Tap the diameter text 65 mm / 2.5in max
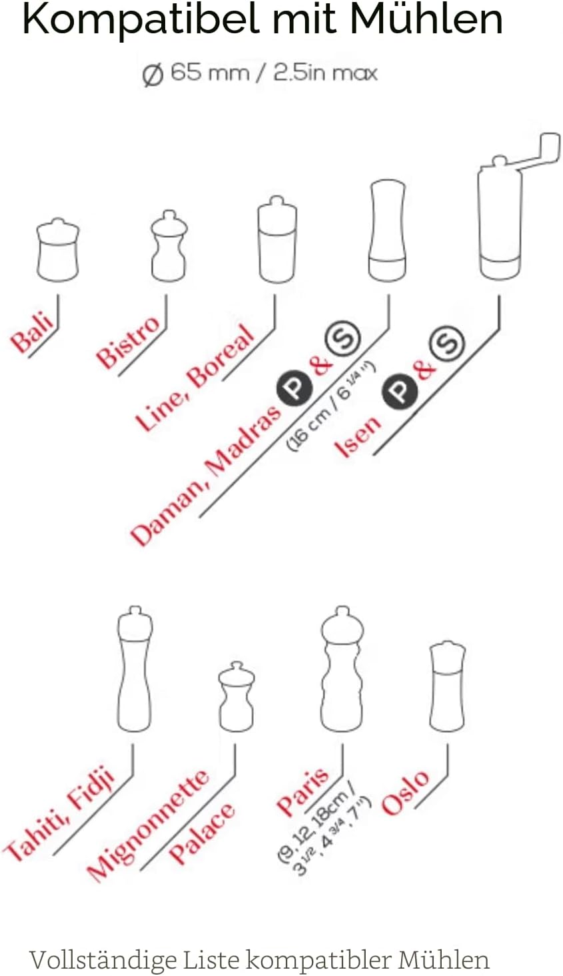(x=260, y=73)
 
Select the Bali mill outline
(x=58, y=250)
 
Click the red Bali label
(x=33, y=334)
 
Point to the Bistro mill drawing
(x=169, y=246)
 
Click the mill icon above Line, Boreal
(x=278, y=240)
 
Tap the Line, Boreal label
(x=195, y=378)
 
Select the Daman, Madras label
(x=206, y=476)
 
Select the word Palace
(x=202, y=833)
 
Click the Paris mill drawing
(x=342, y=669)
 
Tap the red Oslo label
(x=405, y=793)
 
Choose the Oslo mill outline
(x=448, y=686)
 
